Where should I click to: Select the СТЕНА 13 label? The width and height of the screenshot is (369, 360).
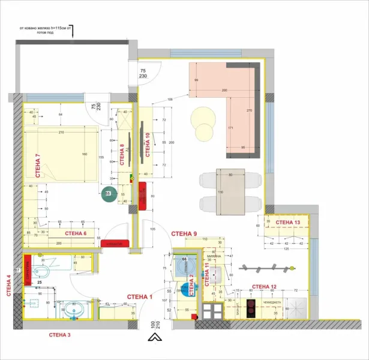(289, 223)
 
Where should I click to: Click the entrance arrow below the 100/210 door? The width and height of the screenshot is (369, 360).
(154, 338)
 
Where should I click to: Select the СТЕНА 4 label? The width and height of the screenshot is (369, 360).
(8, 287)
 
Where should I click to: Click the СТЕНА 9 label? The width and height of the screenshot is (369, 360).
(184, 233)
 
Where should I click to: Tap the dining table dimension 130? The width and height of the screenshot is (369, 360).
(220, 192)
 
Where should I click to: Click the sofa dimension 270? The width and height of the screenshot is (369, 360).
(250, 111)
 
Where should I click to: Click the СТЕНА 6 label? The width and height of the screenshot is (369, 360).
(76, 233)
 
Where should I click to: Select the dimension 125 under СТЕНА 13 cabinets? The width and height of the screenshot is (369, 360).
(287, 248)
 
